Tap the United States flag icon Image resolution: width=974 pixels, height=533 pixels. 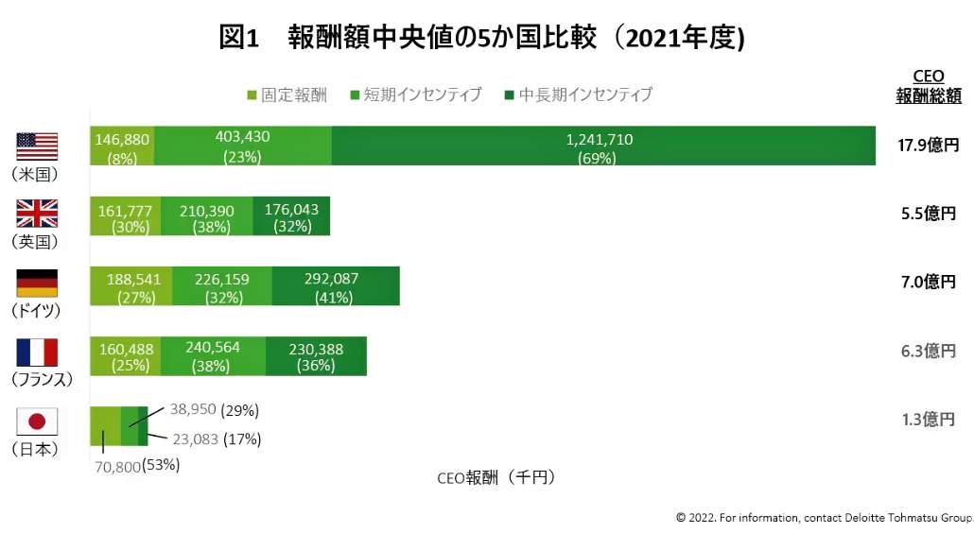pos(37,146)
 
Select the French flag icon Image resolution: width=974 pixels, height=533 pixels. pos(37,352)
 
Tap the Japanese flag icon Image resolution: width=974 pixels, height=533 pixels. pos(37,421)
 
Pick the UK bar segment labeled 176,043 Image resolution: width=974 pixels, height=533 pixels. pos(291,216)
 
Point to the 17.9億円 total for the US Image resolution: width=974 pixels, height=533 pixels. pos(928,146)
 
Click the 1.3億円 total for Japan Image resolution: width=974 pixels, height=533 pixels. pos(928,420)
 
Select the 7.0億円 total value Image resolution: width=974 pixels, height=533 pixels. pos(928,282)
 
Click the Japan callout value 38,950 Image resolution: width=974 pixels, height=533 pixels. pos(193,410)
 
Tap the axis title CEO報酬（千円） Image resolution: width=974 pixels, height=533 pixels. pos(496,477)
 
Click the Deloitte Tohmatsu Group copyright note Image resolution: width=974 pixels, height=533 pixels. pos(824,517)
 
